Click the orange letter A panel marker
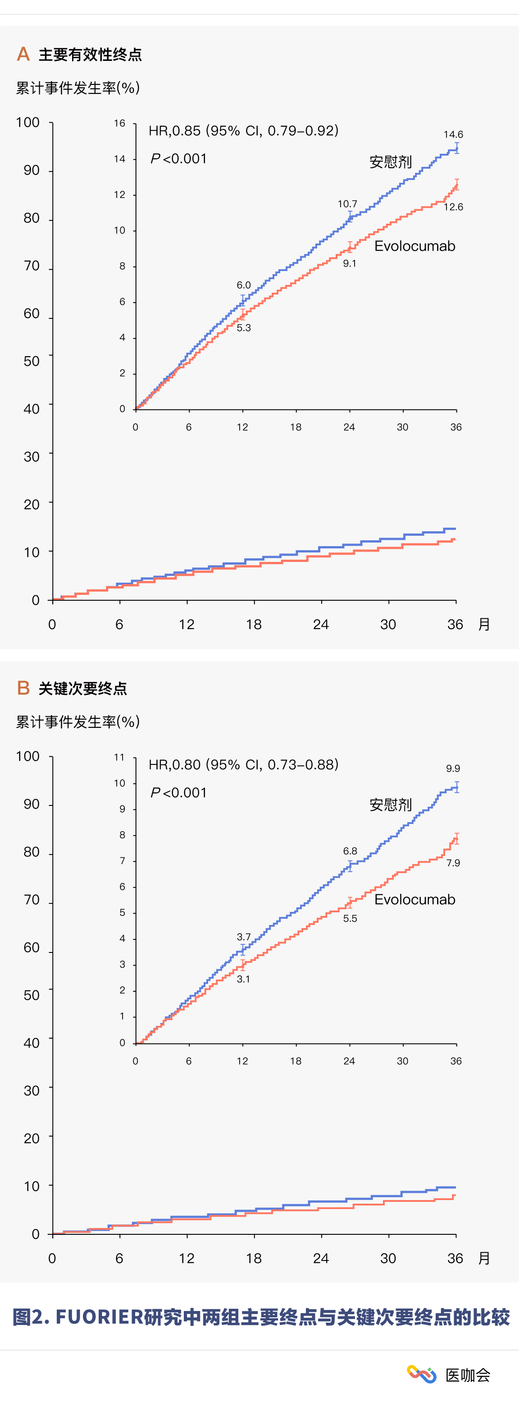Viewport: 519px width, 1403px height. click(23, 54)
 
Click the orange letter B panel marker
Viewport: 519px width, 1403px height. click(23, 688)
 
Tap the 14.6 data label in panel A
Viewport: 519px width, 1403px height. click(453, 134)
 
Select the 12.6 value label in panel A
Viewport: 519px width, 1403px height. click(453, 207)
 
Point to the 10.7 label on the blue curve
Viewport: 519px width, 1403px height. click(347, 204)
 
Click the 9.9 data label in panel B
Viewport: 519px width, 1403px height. click(453, 768)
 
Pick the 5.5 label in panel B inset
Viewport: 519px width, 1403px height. click(350, 918)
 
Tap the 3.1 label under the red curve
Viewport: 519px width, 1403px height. click(243, 979)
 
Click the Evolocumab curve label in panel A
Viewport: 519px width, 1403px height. click(414, 246)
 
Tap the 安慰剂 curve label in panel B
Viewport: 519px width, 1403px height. click(391, 805)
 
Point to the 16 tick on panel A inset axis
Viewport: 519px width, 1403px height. click(120, 124)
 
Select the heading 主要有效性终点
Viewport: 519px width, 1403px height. click(90, 55)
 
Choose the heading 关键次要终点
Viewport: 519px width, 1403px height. click(83, 689)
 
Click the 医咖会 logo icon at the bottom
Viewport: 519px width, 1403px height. click(421, 1375)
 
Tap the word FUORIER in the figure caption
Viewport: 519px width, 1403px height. click(99, 1317)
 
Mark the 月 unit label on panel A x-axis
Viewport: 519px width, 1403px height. click(484, 624)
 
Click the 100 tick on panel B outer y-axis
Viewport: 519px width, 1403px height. click(28, 756)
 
